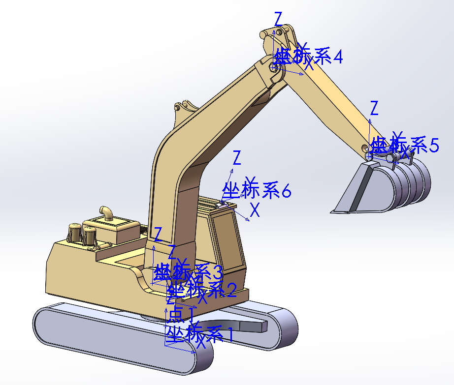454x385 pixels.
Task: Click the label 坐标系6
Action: pos(256,190)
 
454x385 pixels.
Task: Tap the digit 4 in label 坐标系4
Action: pos(337,57)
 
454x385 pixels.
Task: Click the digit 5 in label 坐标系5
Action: pos(433,146)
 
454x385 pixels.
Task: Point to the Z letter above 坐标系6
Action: pos(237,158)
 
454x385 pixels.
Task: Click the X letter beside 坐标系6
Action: pos(255,210)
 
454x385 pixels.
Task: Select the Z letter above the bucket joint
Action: pos(374,107)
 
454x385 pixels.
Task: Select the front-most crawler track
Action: pos(123,339)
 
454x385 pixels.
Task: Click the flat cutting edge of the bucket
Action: pos(347,211)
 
